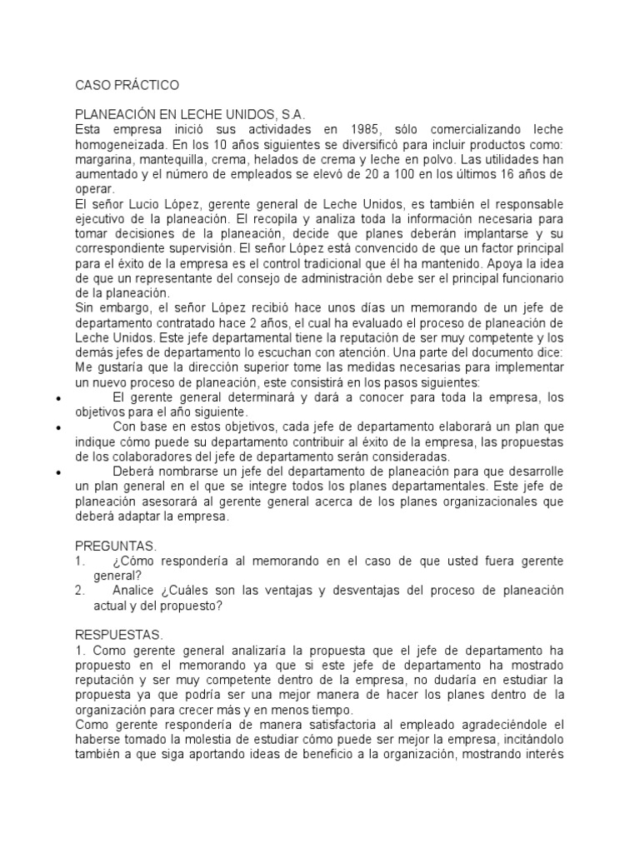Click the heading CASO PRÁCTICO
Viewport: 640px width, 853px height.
(126, 85)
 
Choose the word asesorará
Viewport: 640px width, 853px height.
(165, 501)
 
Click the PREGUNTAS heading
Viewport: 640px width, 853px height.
(116, 546)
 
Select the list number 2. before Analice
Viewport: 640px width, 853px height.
(80, 591)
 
